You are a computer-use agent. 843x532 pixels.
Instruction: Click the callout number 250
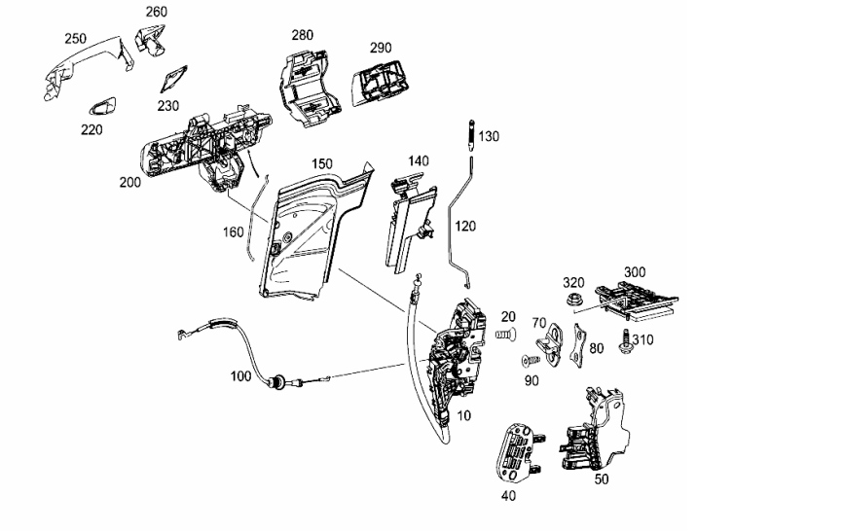click(75, 39)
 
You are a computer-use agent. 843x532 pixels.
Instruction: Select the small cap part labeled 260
click(151, 42)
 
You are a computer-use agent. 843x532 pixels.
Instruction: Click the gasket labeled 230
click(173, 80)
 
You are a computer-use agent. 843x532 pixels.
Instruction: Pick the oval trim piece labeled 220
click(102, 106)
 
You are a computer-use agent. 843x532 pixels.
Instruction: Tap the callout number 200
click(130, 182)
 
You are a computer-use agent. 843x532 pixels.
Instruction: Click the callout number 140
click(419, 160)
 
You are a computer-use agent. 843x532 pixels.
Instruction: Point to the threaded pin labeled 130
click(471, 135)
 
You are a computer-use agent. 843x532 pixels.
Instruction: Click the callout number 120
click(465, 226)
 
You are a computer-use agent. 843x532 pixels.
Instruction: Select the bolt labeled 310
click(625, 341)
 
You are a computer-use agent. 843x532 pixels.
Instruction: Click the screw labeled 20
click(505, 335)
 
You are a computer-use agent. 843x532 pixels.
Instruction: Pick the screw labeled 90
click(531, 360)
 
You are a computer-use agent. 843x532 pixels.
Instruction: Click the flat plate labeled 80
click(578, 346)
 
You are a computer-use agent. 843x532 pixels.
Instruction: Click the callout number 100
click(240, 376)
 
